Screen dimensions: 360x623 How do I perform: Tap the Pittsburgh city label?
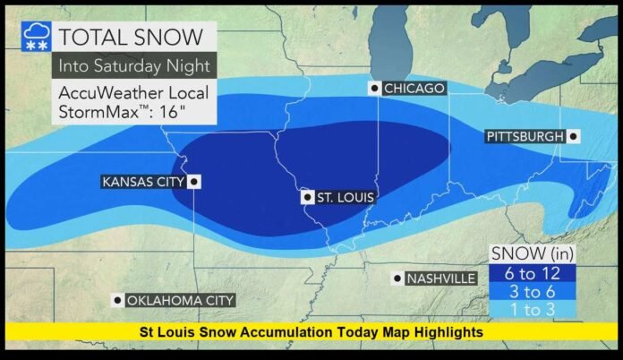[525, 136]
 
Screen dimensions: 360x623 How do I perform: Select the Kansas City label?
[143, 182]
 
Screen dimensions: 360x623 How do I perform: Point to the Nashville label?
[440, 279]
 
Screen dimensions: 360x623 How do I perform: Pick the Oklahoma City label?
[180, 300]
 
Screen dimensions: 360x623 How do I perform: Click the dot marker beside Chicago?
[374, 88]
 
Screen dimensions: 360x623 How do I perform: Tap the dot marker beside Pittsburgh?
[573, 136]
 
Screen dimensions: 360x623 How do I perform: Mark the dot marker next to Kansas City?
[193, 182]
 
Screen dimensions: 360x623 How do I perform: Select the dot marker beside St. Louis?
[307, 197]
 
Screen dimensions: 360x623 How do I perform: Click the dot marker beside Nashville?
[396, 279]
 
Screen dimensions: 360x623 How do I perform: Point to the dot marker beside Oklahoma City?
[116, 300]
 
